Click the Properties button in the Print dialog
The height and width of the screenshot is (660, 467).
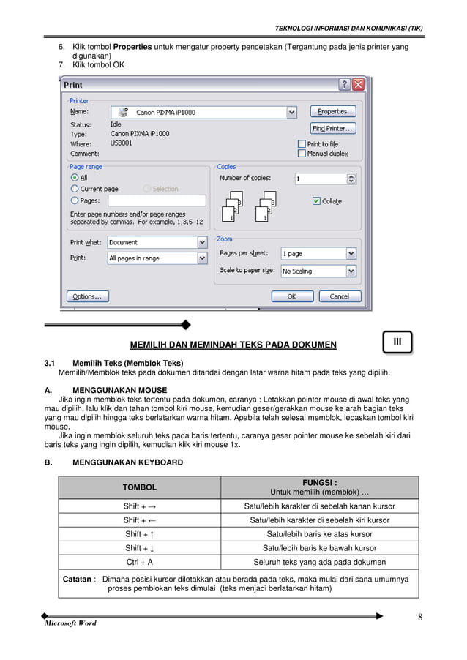[x=332, y=112]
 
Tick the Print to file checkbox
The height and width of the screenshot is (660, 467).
[x=302, y=144]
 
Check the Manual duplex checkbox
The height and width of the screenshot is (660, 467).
[x=302, y=154]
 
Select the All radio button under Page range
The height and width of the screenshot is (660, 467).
[x=74, y=177]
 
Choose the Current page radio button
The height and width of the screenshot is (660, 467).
[x=74, y=189]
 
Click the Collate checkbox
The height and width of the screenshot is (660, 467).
[x=316, y=201]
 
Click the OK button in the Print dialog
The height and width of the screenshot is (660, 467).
[x=291, y=296]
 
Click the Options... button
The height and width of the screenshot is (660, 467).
[x=88, y=296]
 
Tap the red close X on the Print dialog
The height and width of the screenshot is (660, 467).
[x=357, y=85]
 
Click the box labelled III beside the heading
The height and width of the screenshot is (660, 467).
[x=397, y=342]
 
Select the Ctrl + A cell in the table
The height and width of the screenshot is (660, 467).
[x=140, y=562]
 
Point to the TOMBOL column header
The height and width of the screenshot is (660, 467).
[x=139, y=487]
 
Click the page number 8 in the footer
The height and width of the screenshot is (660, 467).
[x=420, y=616]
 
